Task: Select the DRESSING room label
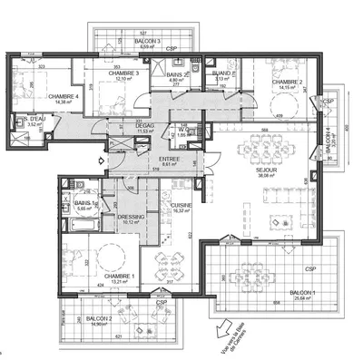(131, 216)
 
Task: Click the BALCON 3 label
(119, 41)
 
